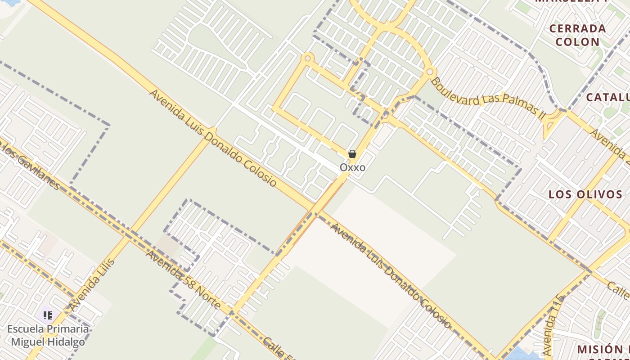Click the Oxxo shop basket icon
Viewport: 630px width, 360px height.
pos(352,154)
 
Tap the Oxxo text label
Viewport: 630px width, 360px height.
pos(352,167)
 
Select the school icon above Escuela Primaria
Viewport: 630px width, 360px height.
pos(48,315)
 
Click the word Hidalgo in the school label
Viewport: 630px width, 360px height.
pos(67,342)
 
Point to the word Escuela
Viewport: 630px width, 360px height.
pos(26,329)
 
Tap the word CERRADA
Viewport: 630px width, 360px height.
pos(578,29)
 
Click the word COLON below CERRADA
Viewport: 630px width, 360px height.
pos(578,42)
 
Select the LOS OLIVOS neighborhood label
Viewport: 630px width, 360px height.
pos(585,194)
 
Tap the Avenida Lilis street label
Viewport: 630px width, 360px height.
pos(92,285)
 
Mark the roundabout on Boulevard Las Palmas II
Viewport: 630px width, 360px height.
pos(430,72)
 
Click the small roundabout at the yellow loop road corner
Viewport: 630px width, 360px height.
pos(308,58)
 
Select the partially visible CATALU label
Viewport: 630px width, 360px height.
pos(607,97)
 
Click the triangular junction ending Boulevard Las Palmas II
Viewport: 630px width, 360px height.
pos(553,121)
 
